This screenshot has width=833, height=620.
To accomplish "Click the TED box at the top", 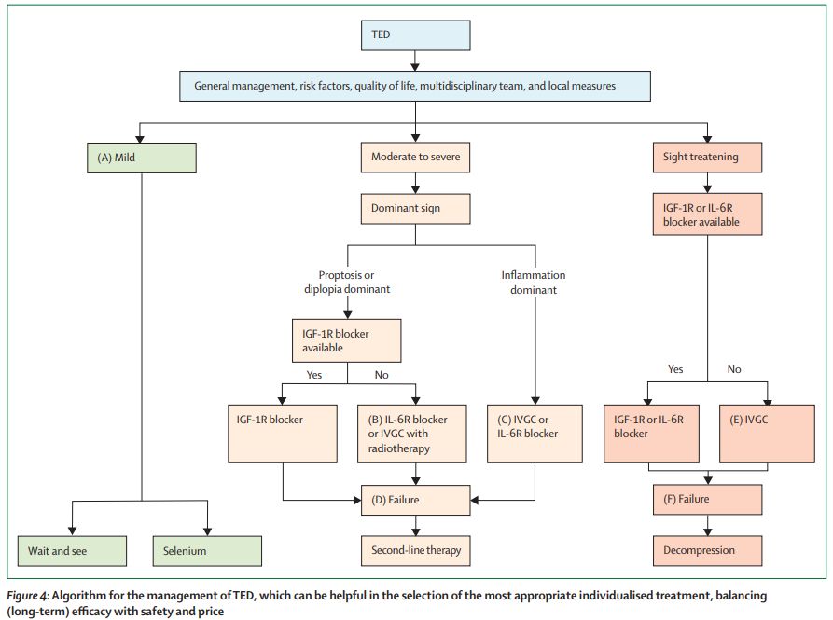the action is [x=415, y=35].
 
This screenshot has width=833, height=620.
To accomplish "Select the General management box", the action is [x=415, y=86].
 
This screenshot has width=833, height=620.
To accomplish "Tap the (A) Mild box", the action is [x=141, y=158].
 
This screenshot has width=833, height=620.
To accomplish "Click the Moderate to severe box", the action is [x=415, y=158].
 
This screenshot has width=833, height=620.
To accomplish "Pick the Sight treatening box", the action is [x=707, y=158].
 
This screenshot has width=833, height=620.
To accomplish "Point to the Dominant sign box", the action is [x=415, y=209].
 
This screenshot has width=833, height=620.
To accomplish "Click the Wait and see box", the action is [x=72, y=551].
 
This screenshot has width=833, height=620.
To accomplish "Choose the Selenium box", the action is [x=207, y=551].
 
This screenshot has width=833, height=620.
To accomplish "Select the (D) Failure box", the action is [x=415, y=500].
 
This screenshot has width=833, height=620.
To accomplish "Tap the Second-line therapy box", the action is [x=415, y=550].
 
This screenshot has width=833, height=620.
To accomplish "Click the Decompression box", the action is [x=707, y=550].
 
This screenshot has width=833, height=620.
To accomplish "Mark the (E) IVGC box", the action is [x=767, y=434].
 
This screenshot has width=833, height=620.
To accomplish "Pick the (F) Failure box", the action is [x=707, y=500].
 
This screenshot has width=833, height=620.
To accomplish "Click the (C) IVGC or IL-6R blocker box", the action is [x=535, y=434].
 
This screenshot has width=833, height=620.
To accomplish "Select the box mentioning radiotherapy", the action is [x=411, y=434].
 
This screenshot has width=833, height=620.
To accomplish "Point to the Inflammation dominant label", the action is [x=534, y=282].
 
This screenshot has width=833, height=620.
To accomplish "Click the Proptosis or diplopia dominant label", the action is [x=347, y=282].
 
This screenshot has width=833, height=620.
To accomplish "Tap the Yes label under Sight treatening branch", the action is [x=675, y=369].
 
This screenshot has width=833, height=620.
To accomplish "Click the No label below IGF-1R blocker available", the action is [x=382, y=375].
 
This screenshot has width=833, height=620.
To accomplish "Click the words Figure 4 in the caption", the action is [x=28, y=596].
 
